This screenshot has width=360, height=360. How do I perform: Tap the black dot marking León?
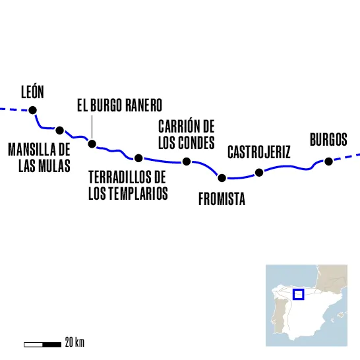tap(32, 110)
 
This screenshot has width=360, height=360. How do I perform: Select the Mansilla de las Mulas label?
tap(39, 158)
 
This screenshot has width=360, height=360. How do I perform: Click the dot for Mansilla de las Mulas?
tap(60, 130)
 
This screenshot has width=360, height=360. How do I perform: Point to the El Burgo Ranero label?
tap(119, 106)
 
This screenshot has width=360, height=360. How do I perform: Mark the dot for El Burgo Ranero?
tap(92, 144)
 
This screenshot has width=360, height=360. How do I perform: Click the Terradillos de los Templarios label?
tap(128, 185)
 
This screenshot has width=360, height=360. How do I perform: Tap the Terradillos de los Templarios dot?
tap(138, 158)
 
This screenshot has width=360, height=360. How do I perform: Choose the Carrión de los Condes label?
tap(187, 135)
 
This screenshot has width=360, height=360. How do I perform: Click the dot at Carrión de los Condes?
tap(187, 162)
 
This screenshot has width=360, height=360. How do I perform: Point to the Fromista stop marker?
tap(222, 177)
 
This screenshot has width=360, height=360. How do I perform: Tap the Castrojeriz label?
tap(258, 152)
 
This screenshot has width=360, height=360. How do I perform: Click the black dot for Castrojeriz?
tap(259, 173)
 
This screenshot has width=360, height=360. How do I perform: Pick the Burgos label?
tap(328, 140)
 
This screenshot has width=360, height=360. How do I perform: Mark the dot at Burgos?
tap(327, 160)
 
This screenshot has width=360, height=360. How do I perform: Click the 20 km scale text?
tap(75, 343)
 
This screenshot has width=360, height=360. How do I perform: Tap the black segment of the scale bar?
tap(53, 344)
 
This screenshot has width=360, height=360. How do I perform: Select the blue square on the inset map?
tap(298, 293)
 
